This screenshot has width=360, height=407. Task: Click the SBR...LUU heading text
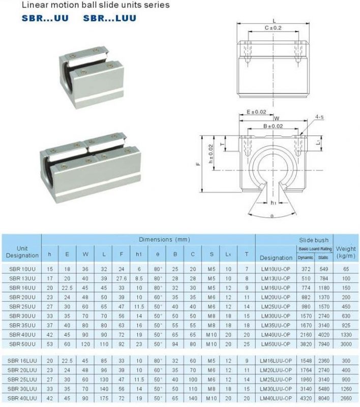pyautogui.click(x=110, y=18)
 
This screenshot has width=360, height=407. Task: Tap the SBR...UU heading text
pyautogui.click(x=45, y=18)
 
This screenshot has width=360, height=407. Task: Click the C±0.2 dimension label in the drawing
pyautogui.click(x=273, y=27)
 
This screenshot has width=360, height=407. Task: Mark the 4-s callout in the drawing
pyautogui.click(x=319, y=118)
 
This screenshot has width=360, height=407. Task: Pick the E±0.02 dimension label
pyautogui.click(x=256, y=111)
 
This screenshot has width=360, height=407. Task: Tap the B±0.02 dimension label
pyautogui.click(x=273, y=126)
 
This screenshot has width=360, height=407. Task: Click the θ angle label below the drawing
pyautogui.click(x=272, y=216)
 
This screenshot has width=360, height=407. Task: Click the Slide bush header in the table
pyautogui.click(x=314, y=240)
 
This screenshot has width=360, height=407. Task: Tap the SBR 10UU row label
pyautogui.click(x=22, y=268)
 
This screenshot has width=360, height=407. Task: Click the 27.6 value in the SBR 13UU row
pyautogui.click(x=121, y=278)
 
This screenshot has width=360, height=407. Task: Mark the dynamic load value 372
pyautogui.click(x=306, y=268)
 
